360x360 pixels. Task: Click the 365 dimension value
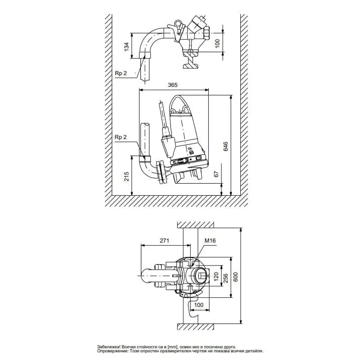[173, 85]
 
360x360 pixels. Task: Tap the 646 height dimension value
[226, 147]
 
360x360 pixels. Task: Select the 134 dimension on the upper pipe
[126, 46]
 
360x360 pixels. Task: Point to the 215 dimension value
[126, 176]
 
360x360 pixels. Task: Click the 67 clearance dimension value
[216, 174]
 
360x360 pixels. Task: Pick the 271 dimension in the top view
[164, 240]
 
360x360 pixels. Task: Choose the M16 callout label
[210, 240]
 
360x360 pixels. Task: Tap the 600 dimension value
[235, 277]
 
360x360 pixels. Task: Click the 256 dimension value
[226, 278]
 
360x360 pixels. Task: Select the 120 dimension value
[216, 277]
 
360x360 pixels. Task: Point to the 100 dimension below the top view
[199, 305]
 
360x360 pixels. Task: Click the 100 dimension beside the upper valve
[217, 43]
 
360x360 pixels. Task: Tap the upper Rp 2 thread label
[121, 73]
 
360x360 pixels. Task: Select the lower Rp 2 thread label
[121, 137]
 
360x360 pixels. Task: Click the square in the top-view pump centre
[202, 275]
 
